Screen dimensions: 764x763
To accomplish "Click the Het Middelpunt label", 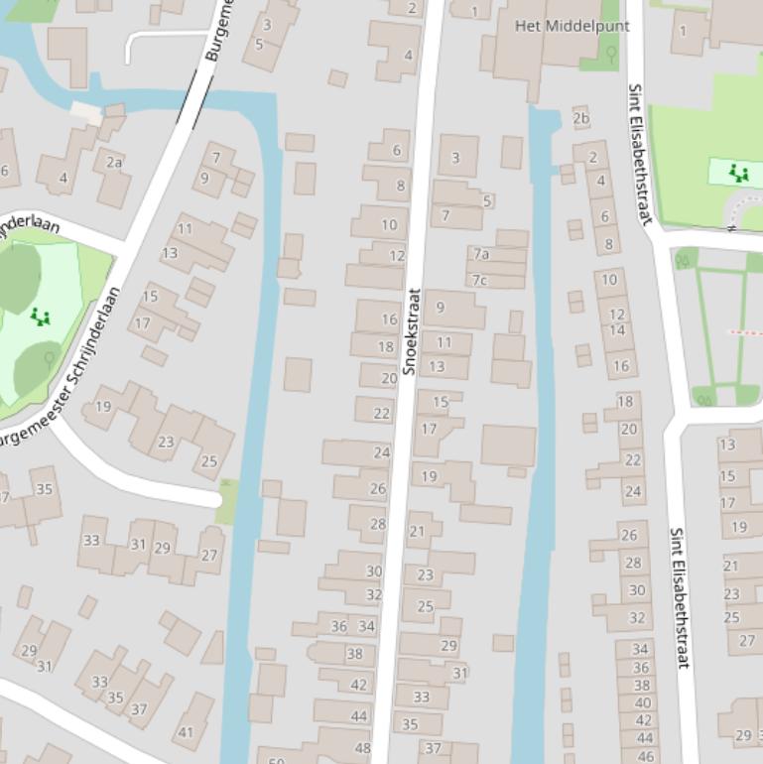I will pyautogui.click(x=572, y=26).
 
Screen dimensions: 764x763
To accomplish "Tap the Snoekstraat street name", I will pyautogui.click(x=411, y=331).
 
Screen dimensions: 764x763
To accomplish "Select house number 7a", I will pyautogui.click(x=481, y=254).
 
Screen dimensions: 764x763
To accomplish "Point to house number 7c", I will pyautogui.click(x=480, y=280).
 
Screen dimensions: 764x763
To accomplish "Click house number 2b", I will pyautogui.click(x=581, y=119).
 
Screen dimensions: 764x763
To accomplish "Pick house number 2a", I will pyautogui.click(x=114, y=163).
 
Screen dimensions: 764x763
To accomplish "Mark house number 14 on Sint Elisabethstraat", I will pyautogui.click(x=617, y=330).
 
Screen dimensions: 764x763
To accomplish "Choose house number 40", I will pyautogui.click(x=642, y=702).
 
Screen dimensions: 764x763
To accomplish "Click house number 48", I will pyautogui.click(x=363, y=749).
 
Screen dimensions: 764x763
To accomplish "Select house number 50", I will pyautogui.click(x=277, y=759).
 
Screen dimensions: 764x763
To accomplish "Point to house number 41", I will pyautogui.click(x=186, y=732).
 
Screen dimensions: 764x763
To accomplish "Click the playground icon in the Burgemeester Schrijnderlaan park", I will pyautogui.click(x=40, y=317).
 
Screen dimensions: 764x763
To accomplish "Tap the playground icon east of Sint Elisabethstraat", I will pyautogui.click(x=738, y=174).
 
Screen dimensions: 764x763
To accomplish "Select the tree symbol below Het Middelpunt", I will pyautogui.click(x=611, y=53).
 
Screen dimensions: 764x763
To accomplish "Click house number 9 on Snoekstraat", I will pyautogui.click(x=441, y=308).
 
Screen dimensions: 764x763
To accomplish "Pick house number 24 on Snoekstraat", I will pyautogui.click(x=382, y=452).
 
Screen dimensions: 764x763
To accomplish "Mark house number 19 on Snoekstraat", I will pyautogui.click(x=430, y=476).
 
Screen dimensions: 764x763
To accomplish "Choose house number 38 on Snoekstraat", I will pyautogui.click(x=355, y=654).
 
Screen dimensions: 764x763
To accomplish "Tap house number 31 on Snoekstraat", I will pyautogui.click(x=459, y=673).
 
